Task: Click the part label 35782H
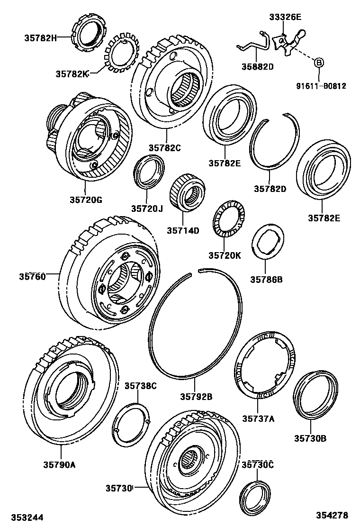click(40, 37)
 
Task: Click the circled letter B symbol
click(319, 62)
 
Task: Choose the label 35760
click(32, 276)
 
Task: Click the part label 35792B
click(196, 396)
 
